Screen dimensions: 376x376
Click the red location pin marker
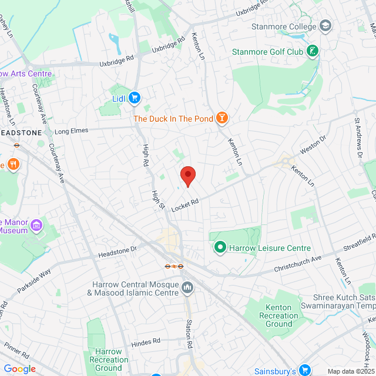(187, 176)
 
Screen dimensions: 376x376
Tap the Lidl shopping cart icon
(135, 98)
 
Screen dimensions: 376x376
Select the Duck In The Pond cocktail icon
(222, 118)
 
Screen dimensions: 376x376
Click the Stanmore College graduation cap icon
(325, 26)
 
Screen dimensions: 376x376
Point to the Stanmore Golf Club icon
(314, 51)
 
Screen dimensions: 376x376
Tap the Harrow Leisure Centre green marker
(220, 248)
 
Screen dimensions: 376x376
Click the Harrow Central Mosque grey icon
(187, 287)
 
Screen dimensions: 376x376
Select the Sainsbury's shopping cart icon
(304, 370)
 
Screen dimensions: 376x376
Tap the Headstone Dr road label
(117, 251)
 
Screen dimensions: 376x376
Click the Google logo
(19, 369)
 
